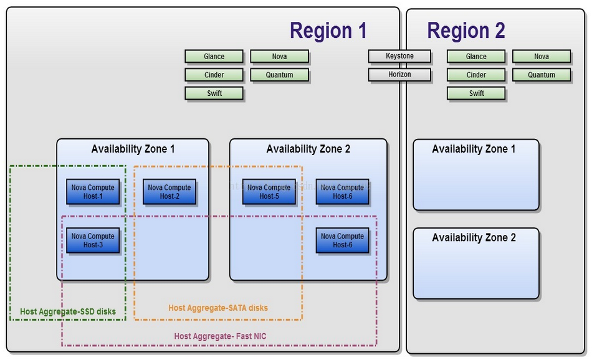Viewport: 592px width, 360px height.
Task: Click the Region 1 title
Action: (328, 31)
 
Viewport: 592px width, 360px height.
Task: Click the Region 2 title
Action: (465, 31)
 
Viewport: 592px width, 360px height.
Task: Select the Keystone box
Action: (399, 56)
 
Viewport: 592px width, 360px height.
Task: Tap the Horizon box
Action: (399, 75)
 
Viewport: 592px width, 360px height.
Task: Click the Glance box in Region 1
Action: (214, 57)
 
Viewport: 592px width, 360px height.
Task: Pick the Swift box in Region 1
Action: (214, 93)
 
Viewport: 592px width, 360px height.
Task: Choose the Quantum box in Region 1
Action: (279, 75)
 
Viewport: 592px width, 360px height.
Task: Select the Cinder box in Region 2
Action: (476, 75)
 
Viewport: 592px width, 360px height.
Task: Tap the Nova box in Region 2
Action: (541, 57)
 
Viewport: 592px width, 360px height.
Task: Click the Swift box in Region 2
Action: (476, 93)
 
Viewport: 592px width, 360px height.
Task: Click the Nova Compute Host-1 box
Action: (93, 192)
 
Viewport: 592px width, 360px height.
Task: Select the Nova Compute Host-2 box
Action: (169, 192)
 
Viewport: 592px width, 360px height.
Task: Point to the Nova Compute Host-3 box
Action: (93, 240)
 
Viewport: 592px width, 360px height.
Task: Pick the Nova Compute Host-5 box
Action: (269, 192)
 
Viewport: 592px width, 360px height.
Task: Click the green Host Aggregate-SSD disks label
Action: (68, 311)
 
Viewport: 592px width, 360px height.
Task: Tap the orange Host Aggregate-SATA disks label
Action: (218, 308)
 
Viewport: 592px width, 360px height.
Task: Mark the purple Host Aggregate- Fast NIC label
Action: (220, 336)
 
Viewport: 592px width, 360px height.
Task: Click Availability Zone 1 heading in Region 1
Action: (133, 149)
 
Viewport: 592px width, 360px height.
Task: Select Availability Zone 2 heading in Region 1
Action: (308, 149)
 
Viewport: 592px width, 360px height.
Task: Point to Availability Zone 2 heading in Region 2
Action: (474, 238)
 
